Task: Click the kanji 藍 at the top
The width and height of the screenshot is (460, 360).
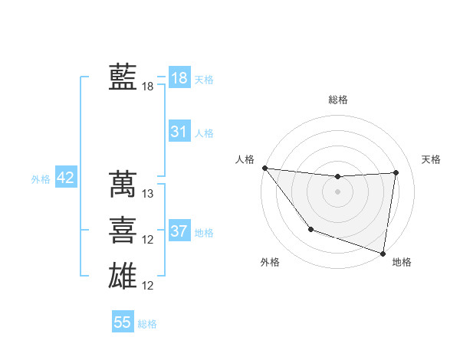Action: coord(123,77)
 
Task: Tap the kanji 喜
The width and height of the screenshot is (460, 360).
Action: coord(123,229)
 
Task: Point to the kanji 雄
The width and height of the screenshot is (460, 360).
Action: coord(123,275)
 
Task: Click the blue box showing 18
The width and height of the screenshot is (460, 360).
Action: coord(179,77)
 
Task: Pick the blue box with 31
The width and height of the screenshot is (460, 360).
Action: coord(179,132)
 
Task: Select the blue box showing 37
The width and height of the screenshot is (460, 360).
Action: coord(179,231)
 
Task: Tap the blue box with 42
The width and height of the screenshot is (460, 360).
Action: coord(66,178)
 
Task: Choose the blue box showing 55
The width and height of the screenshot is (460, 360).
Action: coord(123,322)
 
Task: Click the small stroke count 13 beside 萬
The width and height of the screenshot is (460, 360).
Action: coord(149,194)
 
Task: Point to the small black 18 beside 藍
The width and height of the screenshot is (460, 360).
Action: coord(148,87)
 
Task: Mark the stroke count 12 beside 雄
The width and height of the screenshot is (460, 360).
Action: coord(149,286)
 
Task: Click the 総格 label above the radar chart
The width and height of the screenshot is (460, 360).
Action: coord(337,100)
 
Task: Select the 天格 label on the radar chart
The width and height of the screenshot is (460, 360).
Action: coord(432,159)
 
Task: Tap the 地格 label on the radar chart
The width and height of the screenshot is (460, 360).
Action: coord(402,262)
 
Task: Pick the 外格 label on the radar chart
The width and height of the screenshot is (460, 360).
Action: coord(270,262)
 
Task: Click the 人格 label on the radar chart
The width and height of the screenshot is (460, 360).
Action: coord(245,159)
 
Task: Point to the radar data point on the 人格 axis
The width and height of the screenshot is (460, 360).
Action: coord(264,168)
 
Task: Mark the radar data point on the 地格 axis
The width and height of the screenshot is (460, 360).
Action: coord(383,253)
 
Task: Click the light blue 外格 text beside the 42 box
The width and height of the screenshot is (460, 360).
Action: coord(41,179)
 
